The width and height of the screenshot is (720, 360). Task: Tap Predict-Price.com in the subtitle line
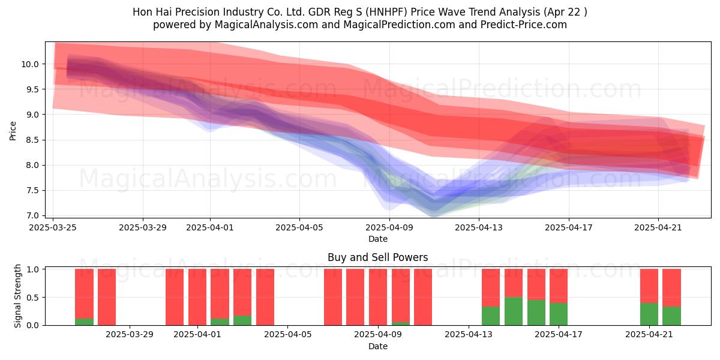pyautogui.click(x=524, y=25)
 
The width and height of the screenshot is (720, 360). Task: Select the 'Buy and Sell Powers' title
pyautogui.click(x=377, y=257)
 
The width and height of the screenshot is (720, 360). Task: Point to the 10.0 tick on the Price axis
pyautogui.click(x=30, y=64)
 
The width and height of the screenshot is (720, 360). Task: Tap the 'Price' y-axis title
pyautogui.click(x=13, y=131)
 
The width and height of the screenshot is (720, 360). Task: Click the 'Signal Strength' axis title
pyautogui.click(x=17, y=296)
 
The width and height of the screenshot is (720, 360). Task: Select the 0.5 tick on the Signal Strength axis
pyautogui.click(x=32, y=298)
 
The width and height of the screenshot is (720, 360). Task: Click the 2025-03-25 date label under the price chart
pyautogui.click(x=53, y=227)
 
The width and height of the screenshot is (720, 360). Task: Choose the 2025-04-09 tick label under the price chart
pyautogui.click(x=389, y=227)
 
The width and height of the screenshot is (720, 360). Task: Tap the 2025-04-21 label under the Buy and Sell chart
pyautogui.click(x=649, y=335)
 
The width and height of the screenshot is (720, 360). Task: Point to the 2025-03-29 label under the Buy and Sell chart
pyautogui.click(x=130, y=335)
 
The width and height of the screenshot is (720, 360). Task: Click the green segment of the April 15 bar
pyautogui.click(x=514, y=311)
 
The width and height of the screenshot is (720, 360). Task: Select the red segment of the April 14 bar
pyautogui.click(x=491, y=287)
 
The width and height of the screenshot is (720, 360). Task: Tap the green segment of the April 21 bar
pyautogui.click(x=649, y=314)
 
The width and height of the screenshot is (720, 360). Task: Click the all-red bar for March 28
pyautogui.click(x=107, y=297)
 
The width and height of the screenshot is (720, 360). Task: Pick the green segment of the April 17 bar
pyautogui.click(x=559, y=314)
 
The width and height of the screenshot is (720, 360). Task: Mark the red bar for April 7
pyautogui.click(x=333, y=297)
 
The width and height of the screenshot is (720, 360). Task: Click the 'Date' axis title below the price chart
pyautogui.click(x=377, y=239)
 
